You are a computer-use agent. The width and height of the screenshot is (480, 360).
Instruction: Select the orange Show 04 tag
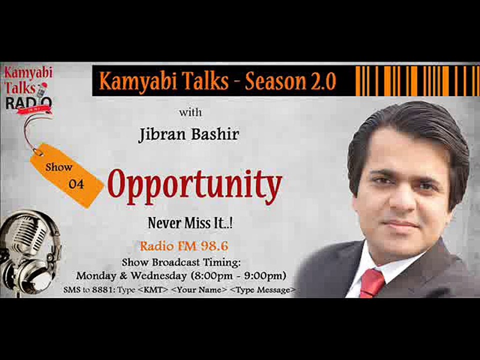tap(67, 175)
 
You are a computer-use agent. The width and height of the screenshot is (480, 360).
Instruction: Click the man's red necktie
tap(372, 282)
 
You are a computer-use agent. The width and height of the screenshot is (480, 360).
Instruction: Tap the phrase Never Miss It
tap(190, 223)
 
